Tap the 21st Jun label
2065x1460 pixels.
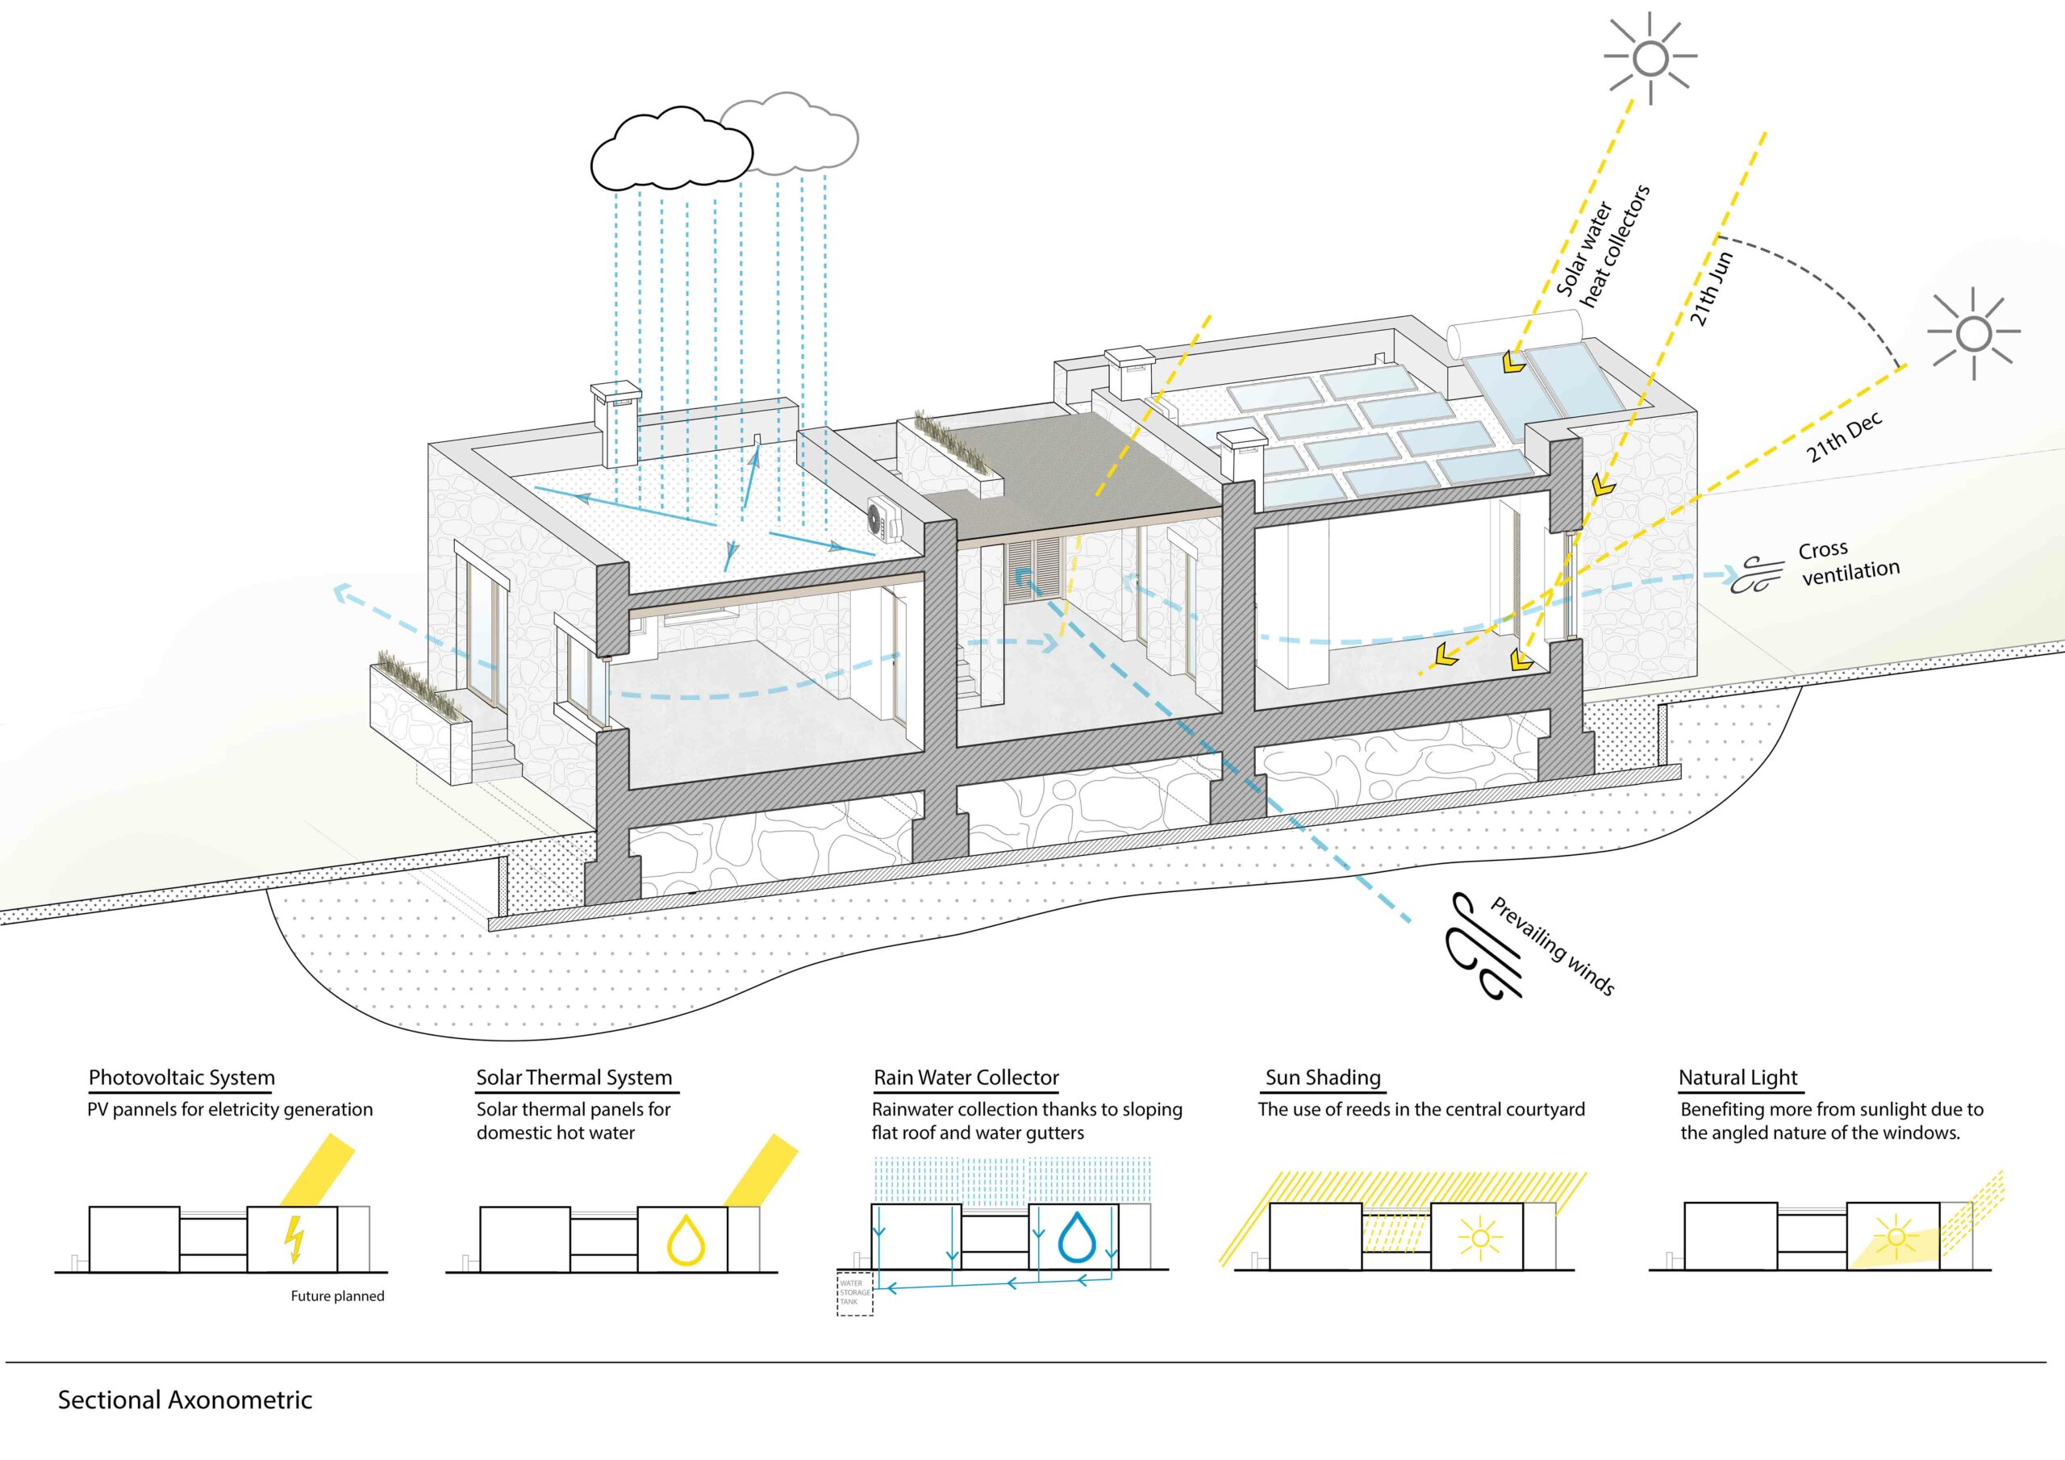(x=1711, y=289)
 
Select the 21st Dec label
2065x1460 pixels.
(x=1844, y=438)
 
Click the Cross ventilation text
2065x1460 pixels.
(x=1847, y=563)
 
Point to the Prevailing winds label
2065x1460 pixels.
(x=1552, y=945)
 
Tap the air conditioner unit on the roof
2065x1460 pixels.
(x=883, y=521)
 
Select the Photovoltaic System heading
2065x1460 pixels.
(x=181, y=1078)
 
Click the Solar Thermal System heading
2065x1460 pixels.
(x=574, y=1078)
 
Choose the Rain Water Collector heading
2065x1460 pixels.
(x=966, y=1078)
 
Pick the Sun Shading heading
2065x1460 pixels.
(x=1322, y=1078)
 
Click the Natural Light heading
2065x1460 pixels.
(x=1738, y=1078)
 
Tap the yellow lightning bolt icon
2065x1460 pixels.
(x=293, y=1240)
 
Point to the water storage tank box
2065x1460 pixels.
(x=854, y=1295)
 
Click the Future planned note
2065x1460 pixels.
(x=337, y=1296)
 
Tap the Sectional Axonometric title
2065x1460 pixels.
(x=186, y=1400)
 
